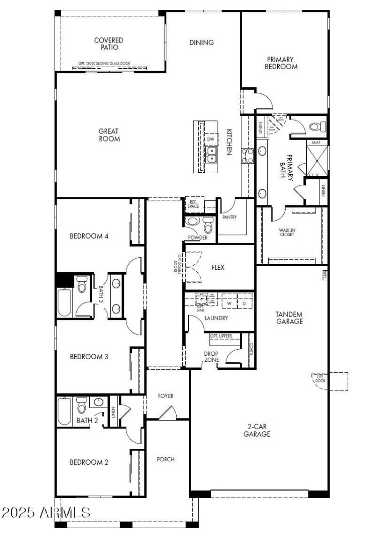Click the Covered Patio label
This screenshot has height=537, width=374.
point(109,44)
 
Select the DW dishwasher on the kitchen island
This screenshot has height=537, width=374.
point(211,139)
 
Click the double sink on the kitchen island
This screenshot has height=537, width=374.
point(211,154)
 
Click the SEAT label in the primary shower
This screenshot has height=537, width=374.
point(316,142)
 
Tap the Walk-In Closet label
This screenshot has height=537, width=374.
point(286,232)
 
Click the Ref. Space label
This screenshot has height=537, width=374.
point(193,204)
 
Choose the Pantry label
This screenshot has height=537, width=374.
point(230,217)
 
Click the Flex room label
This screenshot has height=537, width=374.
point(218,268)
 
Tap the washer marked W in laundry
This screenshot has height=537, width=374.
point(229,303)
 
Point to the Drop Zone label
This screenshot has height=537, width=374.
point(211,356)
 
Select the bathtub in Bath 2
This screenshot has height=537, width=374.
point(64,410)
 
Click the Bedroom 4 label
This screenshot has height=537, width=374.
point(89,236)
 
